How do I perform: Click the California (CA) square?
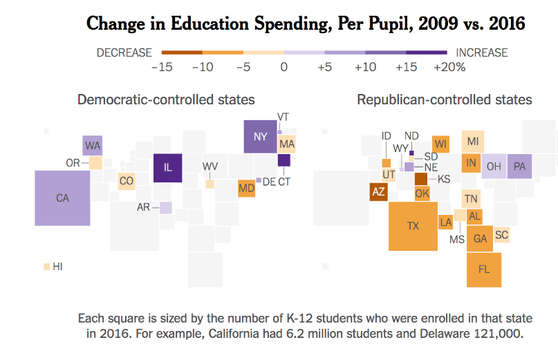[63, 198]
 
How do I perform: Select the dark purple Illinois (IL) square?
[167, 168]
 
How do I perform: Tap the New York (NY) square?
[260, 136]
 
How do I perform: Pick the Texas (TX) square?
[413, 226]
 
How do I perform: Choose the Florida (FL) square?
[484, 269]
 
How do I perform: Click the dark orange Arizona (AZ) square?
[378, 191]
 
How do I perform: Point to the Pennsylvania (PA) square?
[519, 167]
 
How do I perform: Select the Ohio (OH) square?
[494, 167]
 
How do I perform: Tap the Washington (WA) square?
[93, 146]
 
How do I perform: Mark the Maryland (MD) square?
[246, 188]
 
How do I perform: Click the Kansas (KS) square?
[421, 179]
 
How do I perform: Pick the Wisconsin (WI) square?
[441, 144]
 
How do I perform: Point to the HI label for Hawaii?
[57, 266]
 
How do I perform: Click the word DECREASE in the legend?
[124, 53]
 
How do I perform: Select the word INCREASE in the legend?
[481, 53]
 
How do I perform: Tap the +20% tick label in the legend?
[449, 68]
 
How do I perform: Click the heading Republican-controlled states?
[445, 100]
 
